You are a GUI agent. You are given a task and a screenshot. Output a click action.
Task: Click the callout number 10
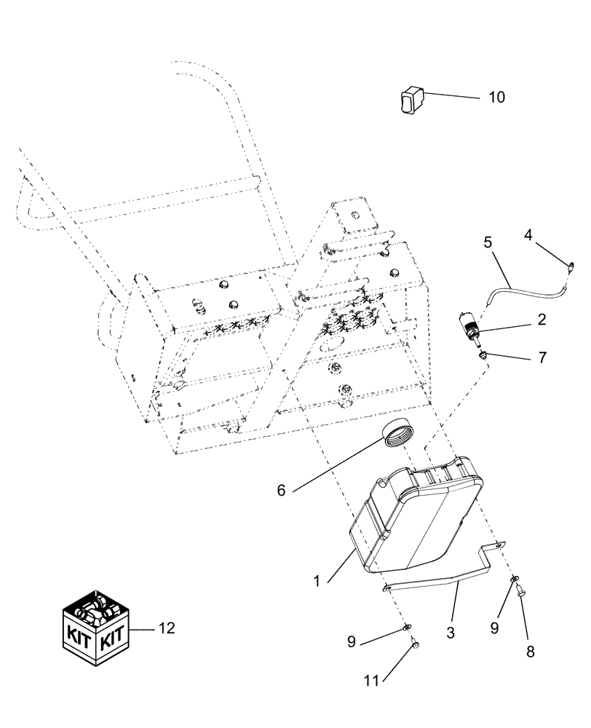[x=496, y=97]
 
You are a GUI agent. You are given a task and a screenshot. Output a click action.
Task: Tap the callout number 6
[x=281, y=491]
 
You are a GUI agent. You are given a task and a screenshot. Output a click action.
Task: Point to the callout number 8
[x=530, y=652]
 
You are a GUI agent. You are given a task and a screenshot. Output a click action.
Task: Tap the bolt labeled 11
[x=413, y=643]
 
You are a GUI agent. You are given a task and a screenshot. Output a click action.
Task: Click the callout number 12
[x=167, y=628]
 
